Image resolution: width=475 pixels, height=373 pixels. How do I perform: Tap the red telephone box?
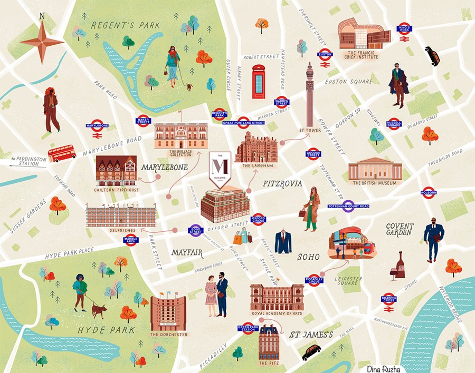(258, 82)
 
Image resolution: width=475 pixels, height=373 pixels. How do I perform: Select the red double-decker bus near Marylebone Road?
(62, 153)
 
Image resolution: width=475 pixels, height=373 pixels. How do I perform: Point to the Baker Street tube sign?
(144, 121)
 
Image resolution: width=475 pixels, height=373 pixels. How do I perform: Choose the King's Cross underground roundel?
(404, 28)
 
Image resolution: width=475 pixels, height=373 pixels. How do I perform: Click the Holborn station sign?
(429, 193)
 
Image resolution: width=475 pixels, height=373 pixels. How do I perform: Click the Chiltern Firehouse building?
(116, 170)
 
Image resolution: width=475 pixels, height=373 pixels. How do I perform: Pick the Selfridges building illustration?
(121, 217)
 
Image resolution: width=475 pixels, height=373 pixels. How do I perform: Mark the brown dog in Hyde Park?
(98, 311)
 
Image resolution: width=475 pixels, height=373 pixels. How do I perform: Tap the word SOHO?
(309, 257)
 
